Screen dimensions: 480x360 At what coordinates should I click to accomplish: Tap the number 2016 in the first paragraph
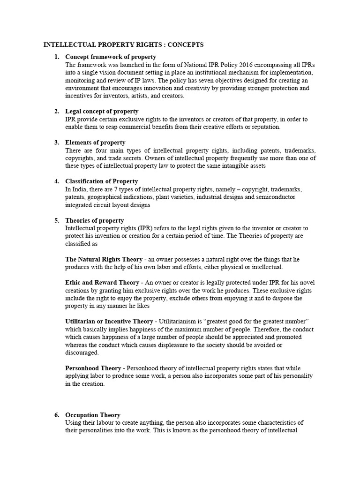click(x=231, y=65)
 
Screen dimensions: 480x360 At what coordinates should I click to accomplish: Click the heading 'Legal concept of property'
click(x=102, y=112)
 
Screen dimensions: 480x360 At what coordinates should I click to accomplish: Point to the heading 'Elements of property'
click(x=95, y=142)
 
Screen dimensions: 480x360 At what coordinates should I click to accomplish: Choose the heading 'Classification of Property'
click(x=101, y=181)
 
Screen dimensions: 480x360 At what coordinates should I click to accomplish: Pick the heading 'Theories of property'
click(x=95, y=220)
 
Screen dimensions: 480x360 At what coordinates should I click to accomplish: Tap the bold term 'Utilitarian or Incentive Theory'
click(x=109, y=322)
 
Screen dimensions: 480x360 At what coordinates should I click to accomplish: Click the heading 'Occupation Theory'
click(x=93, y=415)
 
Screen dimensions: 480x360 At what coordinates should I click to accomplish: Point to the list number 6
click(x=56, y=415)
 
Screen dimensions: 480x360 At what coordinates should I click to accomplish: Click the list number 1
click(x=56, y=57)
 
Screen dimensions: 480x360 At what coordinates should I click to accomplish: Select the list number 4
click(x=56, y=181)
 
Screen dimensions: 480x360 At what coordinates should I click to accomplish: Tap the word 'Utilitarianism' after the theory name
click(x=179, y=322)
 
